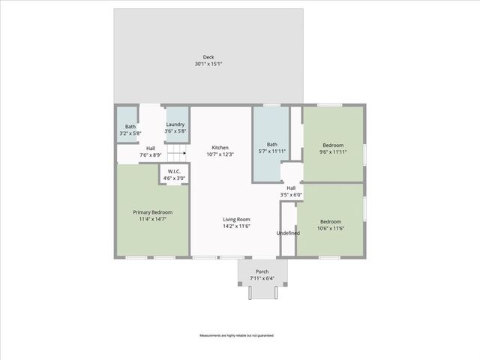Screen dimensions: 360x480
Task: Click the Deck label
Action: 208,57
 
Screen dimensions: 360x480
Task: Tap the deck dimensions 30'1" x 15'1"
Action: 208,64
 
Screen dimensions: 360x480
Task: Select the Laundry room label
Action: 175,124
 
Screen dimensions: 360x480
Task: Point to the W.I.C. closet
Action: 174,172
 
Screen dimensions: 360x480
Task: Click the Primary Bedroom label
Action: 152,212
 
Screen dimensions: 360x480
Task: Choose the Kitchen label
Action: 220,148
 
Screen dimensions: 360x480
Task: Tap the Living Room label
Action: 235,220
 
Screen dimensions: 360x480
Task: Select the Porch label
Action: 262,271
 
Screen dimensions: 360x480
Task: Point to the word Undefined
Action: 288,232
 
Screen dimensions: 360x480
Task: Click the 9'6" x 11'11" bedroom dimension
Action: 333,152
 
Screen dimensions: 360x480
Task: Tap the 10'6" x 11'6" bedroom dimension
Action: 331,229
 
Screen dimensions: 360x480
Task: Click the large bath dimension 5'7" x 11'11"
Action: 271,152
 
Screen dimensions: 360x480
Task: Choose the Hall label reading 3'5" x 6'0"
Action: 290,195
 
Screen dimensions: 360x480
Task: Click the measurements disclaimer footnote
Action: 236,335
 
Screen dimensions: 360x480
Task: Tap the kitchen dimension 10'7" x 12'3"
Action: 220,155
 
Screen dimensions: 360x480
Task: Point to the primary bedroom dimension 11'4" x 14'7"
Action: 152,220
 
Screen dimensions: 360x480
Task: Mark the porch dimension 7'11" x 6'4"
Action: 262,279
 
